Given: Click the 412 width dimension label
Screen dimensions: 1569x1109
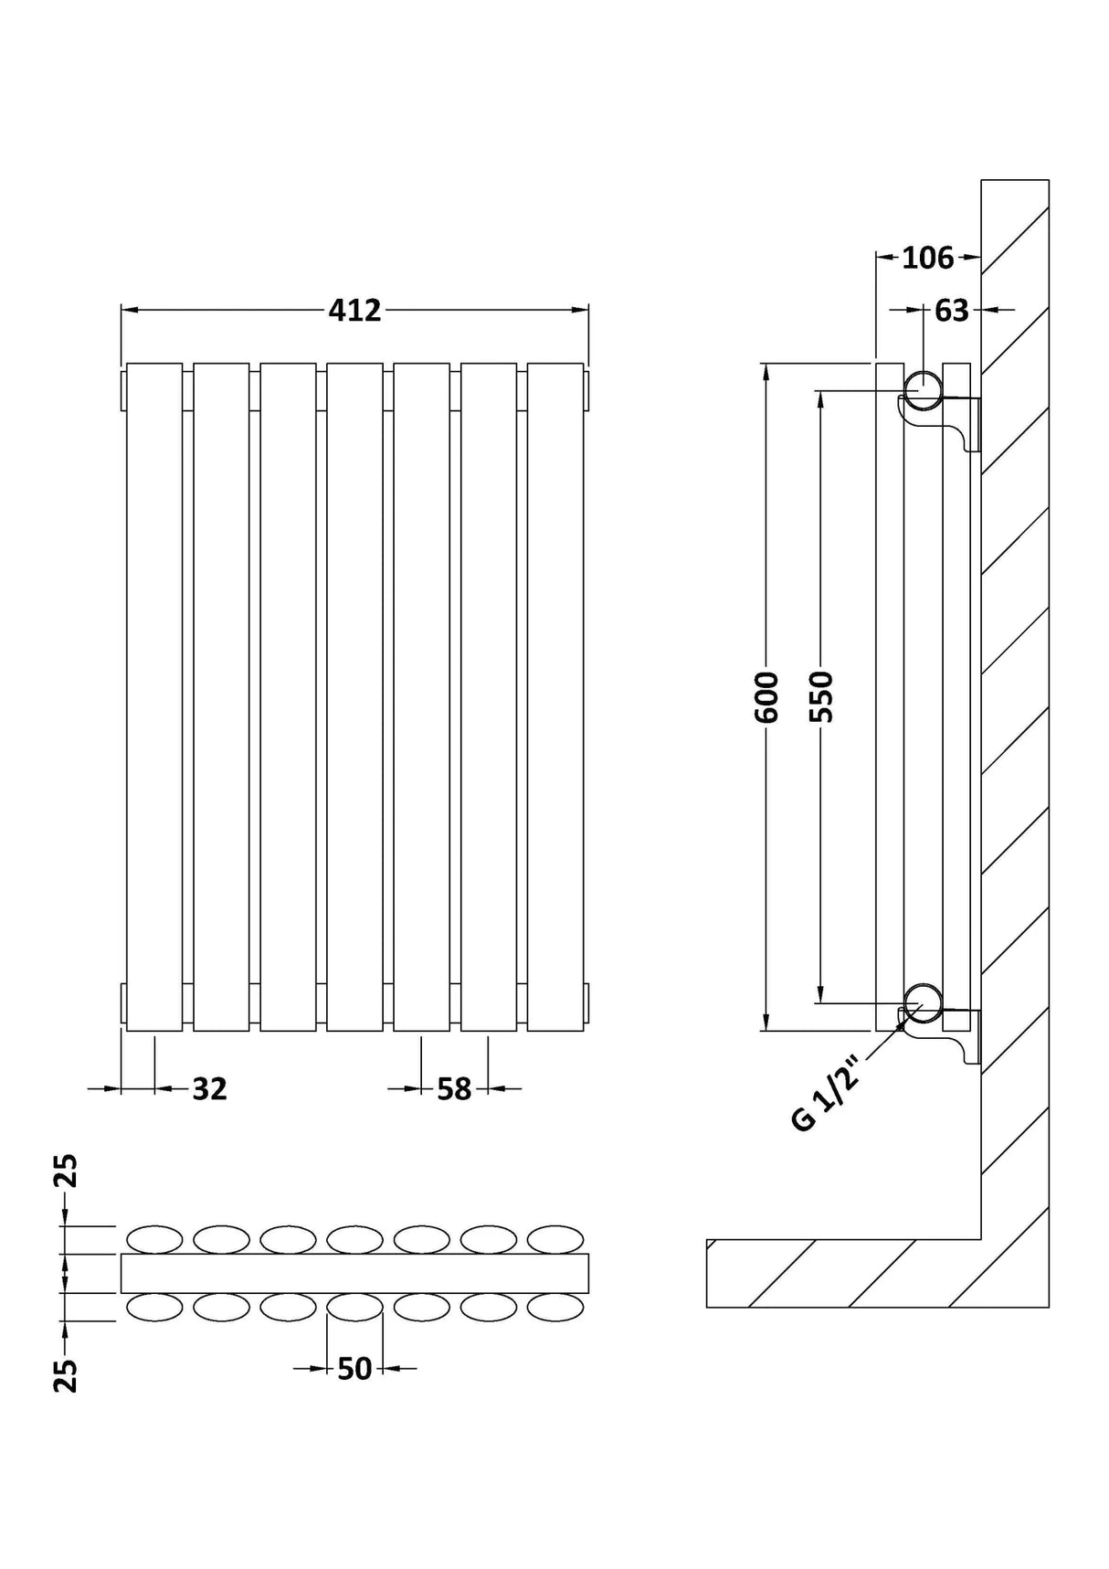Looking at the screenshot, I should pyautogui.click(x=354, y=311).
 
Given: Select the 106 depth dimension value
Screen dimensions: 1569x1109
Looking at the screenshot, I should pyautogui.click(x=927, y=259).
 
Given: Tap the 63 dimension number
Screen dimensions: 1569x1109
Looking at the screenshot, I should pyautogui.click(x=951, y=311).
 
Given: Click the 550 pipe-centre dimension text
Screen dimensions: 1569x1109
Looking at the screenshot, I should pyautogui.click(x=822, y=697).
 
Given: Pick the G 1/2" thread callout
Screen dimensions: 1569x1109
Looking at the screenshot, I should pyautogui.click(x=827, y=1094).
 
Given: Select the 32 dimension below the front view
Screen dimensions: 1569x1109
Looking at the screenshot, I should pyautogui.click(x=209, y=1089).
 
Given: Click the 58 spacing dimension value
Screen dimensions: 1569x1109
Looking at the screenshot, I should pyautogui.click(x=454, y=1089).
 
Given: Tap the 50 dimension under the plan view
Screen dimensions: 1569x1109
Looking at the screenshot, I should pyautogui.click(x=354, y=1369).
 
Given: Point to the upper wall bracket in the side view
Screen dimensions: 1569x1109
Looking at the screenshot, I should pyautogui.click(x=964, y=422).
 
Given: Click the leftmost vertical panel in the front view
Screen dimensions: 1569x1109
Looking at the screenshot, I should pyautogui.click(x=154, y=697).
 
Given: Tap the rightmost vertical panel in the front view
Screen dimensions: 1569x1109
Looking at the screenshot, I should pyautogui.click(x=555, y=697).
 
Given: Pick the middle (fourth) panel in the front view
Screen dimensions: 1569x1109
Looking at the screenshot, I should pyautogui.click(x=354, y=697).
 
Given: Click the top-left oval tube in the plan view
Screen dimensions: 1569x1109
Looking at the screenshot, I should pyautogui.click(x=154, y=1239).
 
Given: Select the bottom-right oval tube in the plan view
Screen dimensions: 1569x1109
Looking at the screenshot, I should pyautogui.click(x=555, y=1308).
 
